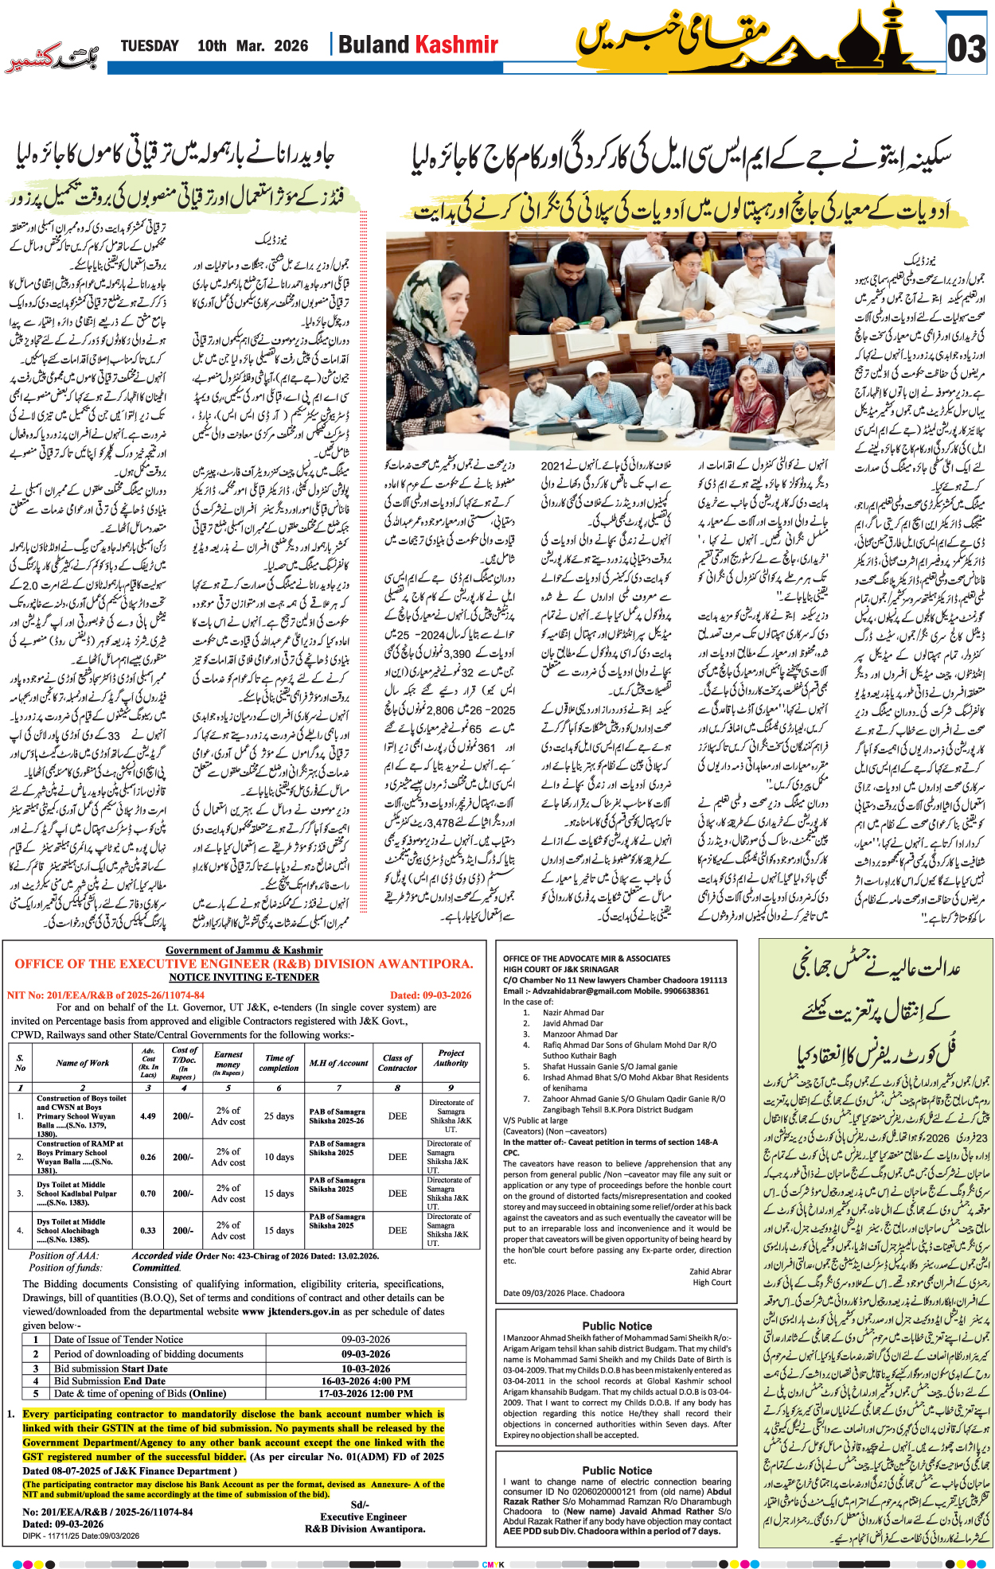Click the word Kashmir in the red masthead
point(458,45)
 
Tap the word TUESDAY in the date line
point(150,46)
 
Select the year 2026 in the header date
point(291,46)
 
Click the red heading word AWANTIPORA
point(421,964)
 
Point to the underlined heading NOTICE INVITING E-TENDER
point(244,977)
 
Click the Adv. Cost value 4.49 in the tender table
point(148,1115)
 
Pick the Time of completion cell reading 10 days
point(279,1157)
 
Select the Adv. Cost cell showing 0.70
point(148,1193)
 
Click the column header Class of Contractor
point(397,1062)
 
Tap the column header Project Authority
point(451,1057)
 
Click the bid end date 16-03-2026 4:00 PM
point(365,1381)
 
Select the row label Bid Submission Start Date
point(111,1368)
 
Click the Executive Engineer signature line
point(364,1516)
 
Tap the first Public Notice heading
point(617,1326)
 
